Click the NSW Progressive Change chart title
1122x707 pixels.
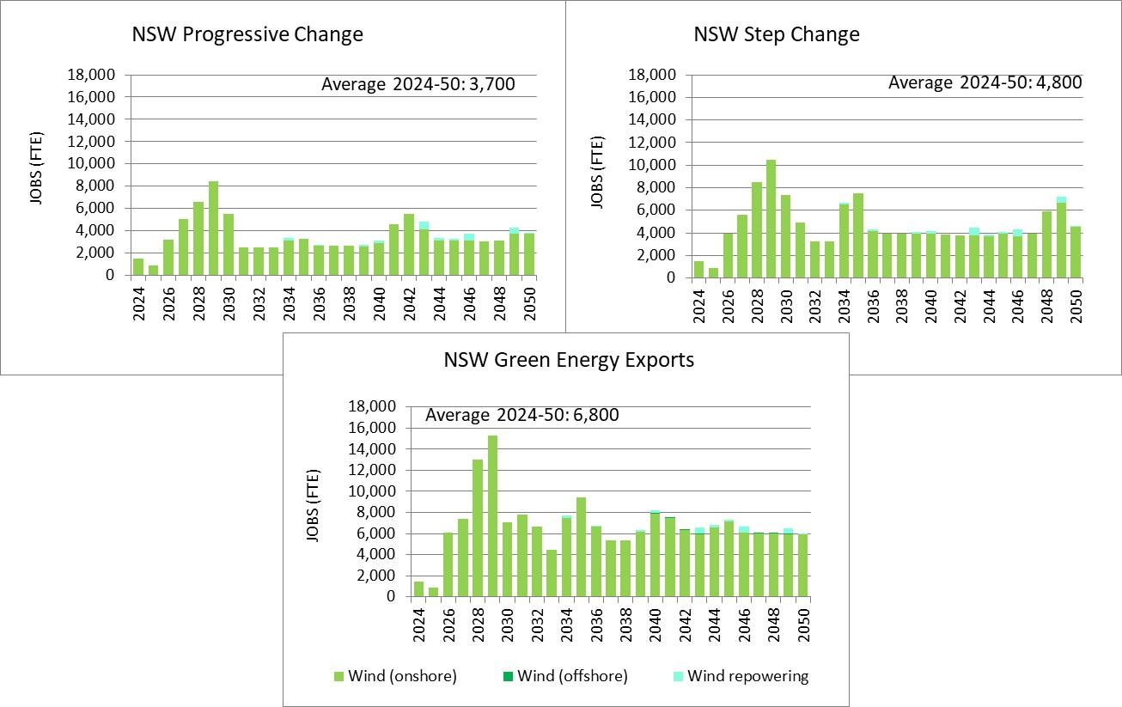tap(247, 34)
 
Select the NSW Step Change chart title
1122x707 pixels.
tap(777, 34)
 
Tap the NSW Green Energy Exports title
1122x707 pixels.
tap(569, 360)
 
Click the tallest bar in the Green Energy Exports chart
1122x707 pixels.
tap(493, 515)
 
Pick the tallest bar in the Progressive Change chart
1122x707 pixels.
tap(213, 229)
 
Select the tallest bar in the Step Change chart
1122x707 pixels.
tap(771, 219)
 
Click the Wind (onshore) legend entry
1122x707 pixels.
tap(394, 676)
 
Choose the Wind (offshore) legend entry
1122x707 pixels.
tap(565, 676)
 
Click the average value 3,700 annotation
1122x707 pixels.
tap(418, 84)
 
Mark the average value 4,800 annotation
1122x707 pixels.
tap(985, 83)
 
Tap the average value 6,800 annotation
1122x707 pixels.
tap(522, 416)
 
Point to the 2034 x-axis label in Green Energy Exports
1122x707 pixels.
tap(567, 620)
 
